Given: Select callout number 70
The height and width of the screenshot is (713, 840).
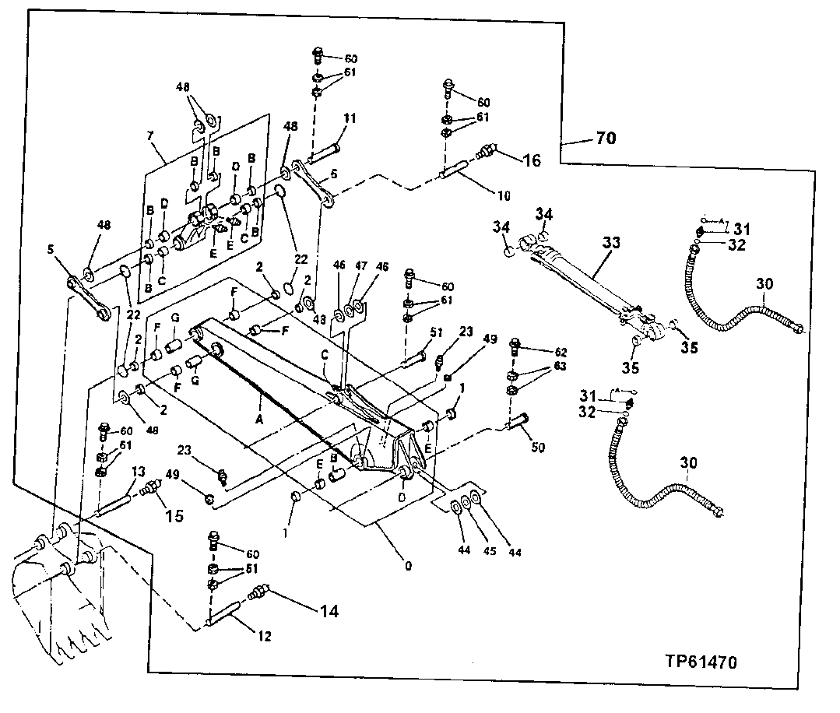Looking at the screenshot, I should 606,139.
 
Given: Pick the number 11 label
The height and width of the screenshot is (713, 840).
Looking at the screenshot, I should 350,119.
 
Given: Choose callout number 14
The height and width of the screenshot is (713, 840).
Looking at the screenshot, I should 329,612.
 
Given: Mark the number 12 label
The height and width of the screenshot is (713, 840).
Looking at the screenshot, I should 264,636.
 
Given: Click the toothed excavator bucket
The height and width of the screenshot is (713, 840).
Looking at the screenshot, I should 62,592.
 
